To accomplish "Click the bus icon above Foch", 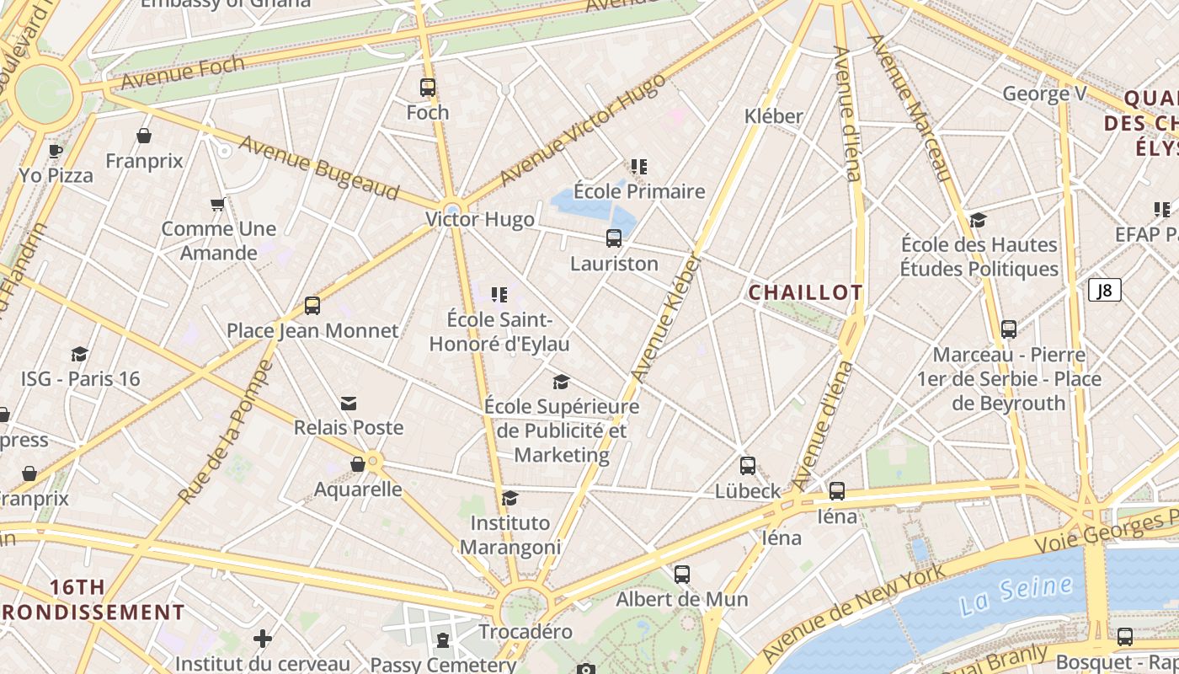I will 428,88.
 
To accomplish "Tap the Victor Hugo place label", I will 479,220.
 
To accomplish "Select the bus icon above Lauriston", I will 614,238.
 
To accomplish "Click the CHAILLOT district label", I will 805,292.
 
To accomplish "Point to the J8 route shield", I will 1105,291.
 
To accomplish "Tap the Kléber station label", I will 773,116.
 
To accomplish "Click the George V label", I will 1043,94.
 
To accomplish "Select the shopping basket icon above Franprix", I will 144,136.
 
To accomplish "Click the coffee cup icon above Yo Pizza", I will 56,151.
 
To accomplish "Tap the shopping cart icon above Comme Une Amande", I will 217,204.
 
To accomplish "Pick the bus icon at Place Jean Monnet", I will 312,306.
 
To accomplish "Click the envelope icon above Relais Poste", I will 349,404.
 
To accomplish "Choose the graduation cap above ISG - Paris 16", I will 80,354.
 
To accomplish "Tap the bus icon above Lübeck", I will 748,466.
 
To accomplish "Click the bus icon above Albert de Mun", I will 682,575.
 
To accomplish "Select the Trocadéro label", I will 525,632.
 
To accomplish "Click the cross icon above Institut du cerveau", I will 263,639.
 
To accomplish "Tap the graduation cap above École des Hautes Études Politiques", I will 978,220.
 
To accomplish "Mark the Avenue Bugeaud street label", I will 318,167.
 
